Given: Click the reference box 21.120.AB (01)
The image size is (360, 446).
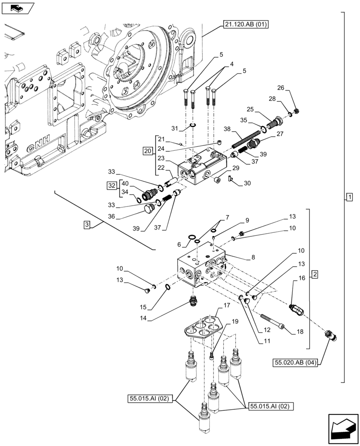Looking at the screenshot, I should point(243,25).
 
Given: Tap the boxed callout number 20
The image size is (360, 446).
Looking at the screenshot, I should point(147,152).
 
